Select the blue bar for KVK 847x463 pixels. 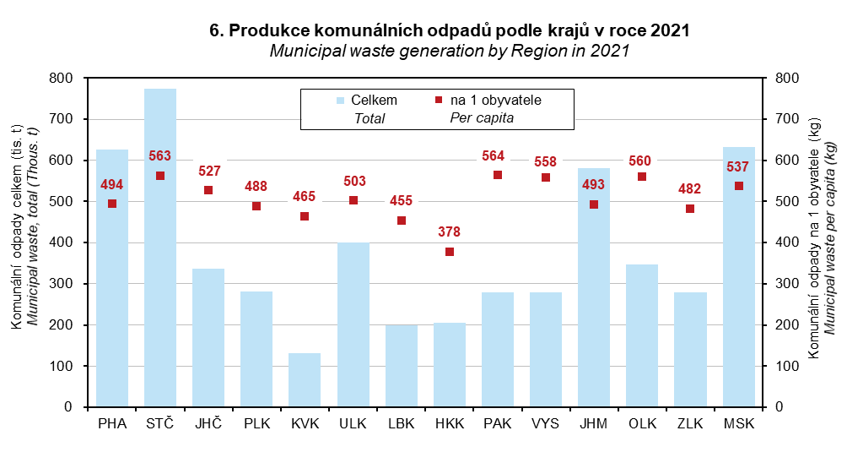click(x=305, y=380)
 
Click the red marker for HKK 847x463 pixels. click(x=450, y=252)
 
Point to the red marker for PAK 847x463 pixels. click(x=498, y=175)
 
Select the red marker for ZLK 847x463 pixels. click(x=690, y=209)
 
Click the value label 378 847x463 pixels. click(x=449, y=231)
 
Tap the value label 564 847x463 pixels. click(x=497, y=155)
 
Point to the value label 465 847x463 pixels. click(x=305, y=197)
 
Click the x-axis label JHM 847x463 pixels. click(x=594, y=424)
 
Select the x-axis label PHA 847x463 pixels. click(x=112, y=424)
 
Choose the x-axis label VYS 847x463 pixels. click(x=546, y=424)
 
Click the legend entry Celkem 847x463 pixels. click(x=374, y=100)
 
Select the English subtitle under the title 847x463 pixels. click(x=450, y=51)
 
